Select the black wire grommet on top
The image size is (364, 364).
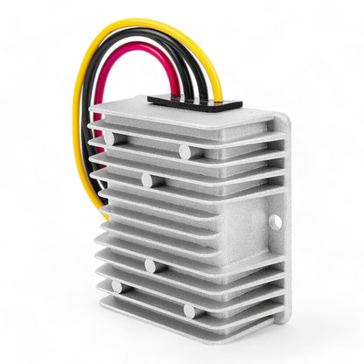[194, 102]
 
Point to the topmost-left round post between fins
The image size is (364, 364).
[109, 138]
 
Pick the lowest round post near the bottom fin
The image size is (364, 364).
[189, 311]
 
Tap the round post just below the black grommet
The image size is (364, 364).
[185, 151]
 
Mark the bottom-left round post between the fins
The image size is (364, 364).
[117, 286]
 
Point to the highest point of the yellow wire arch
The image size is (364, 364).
[140, 24]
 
